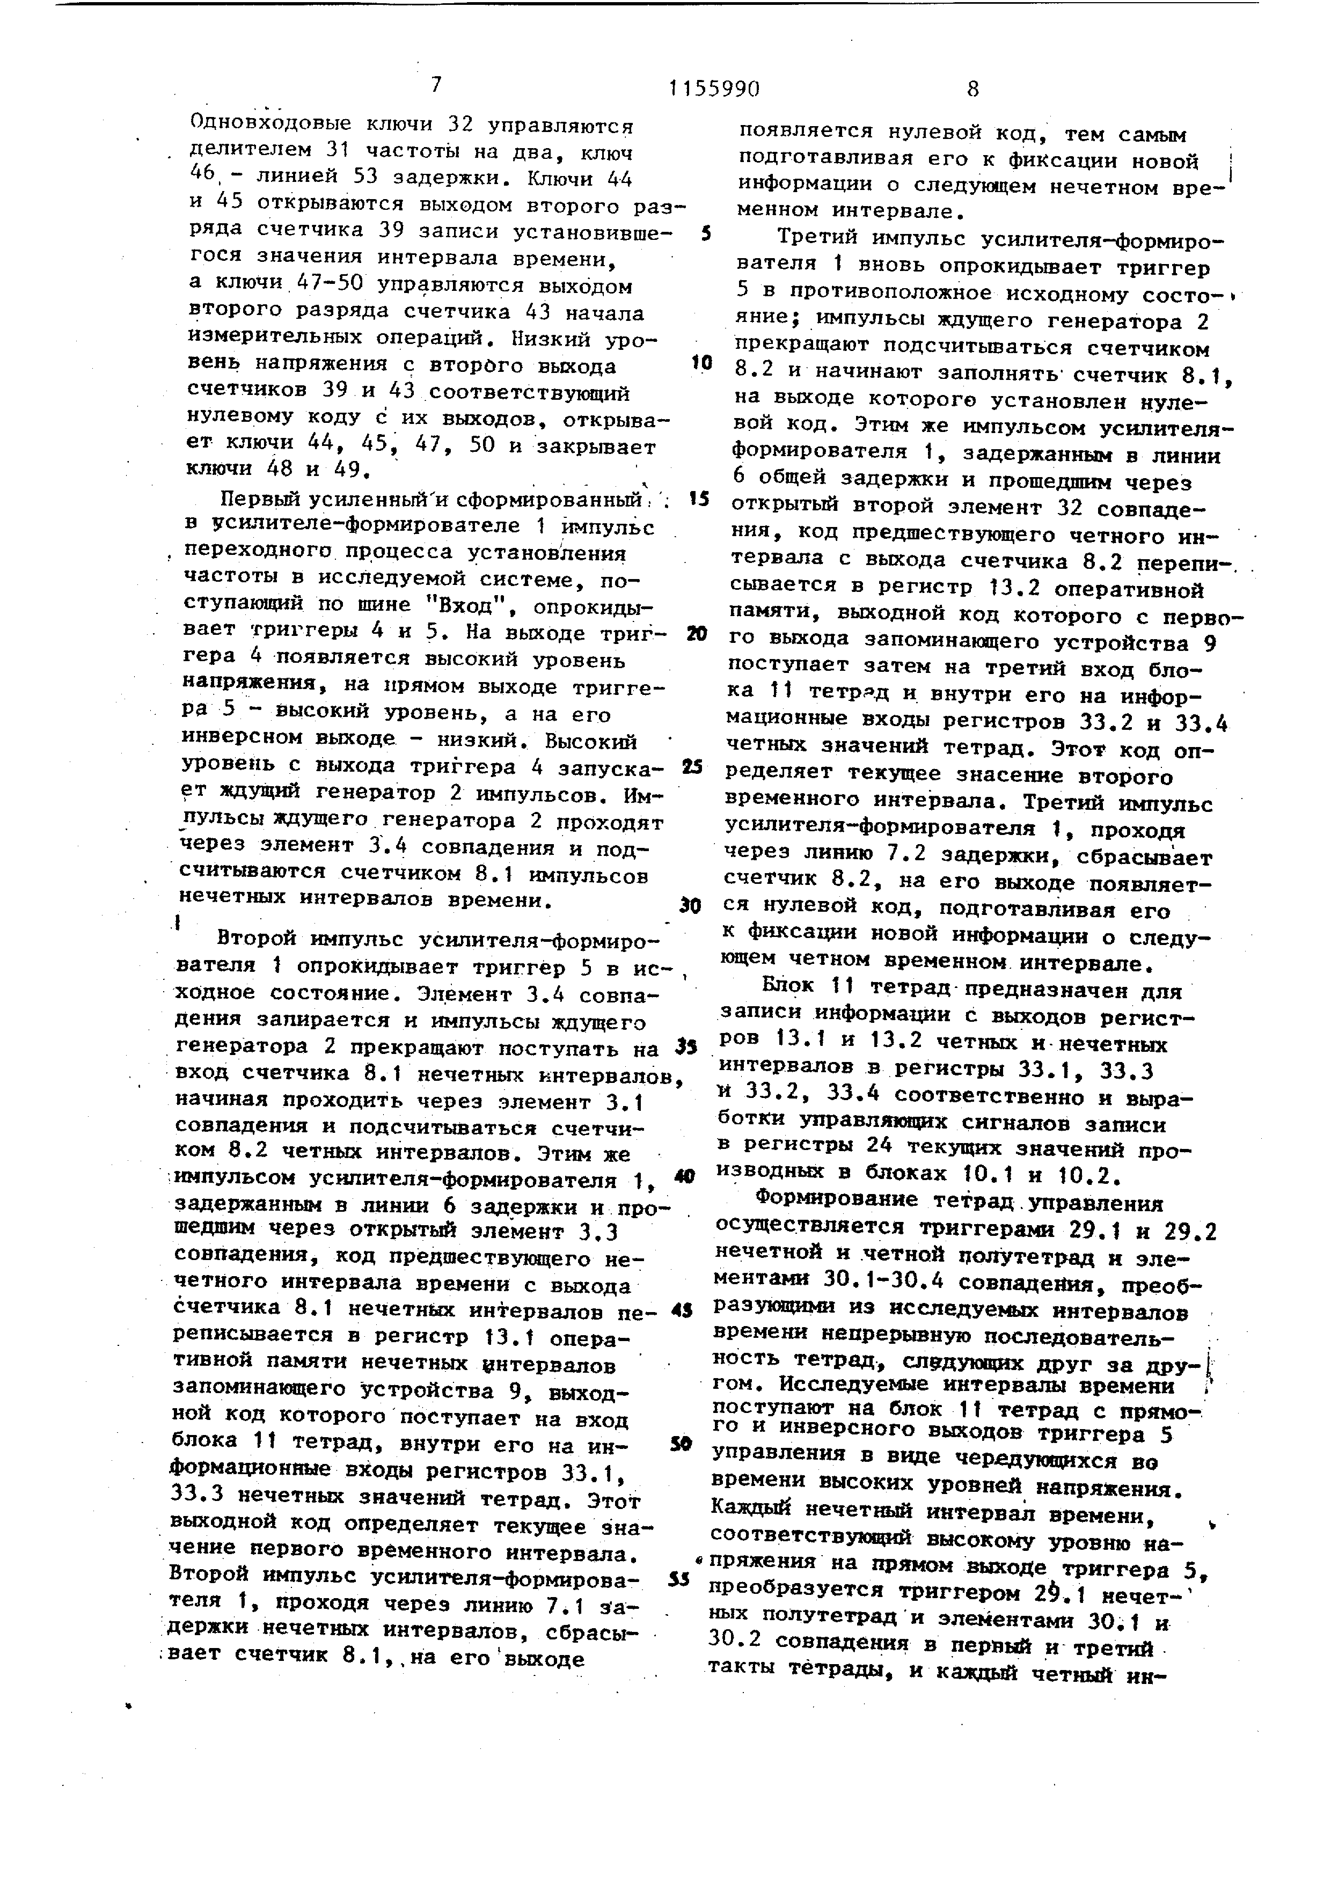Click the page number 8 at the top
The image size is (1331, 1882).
(973, 89)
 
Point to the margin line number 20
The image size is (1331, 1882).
(698, 634)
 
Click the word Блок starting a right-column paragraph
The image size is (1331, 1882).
(790, 990)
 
